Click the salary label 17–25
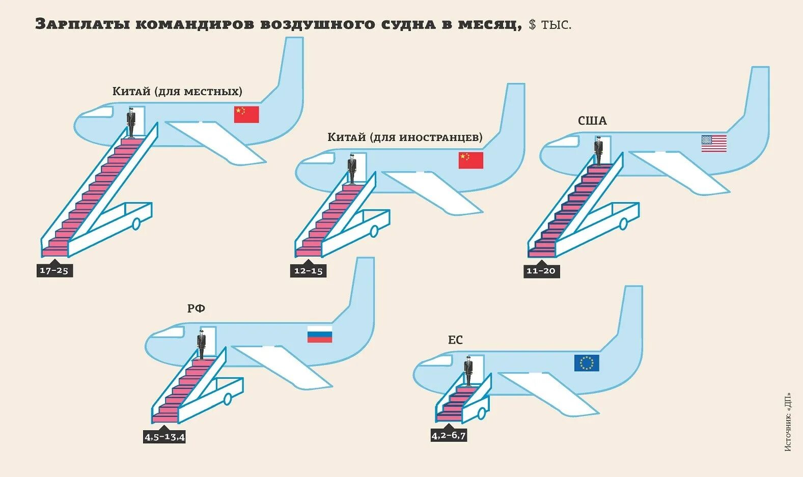pyautogui.click(x=54, y=270)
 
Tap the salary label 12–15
pyautogui.click(x=309, y=271)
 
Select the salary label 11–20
pyautogui.click(x=541, y=271)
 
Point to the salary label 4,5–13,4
pyautogui.click(x=164, y=437)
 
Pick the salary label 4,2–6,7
pyautogui.click(x=449, y=436)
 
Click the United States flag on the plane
pyautogui.click(x=714, y=144)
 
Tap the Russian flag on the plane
pyautogui.click(x=320, y=334)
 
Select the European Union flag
pyautogui.click(x=587, y=363)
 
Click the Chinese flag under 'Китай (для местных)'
pyautogui.click(x=246, y=115)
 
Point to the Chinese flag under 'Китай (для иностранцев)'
pyautogui.click(x=470, y=160)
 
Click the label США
pyautogui.click(x=592, y=121)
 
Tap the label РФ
pyautogui.click(x=196, y=308)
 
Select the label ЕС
pyautogui.click(x=455, y=340)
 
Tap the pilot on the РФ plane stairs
pyautogui.click(x=201, y=345)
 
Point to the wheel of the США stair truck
pyautogui.click(x=624, y=223)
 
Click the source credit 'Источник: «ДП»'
pyautogui.click(x=788, y=422)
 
